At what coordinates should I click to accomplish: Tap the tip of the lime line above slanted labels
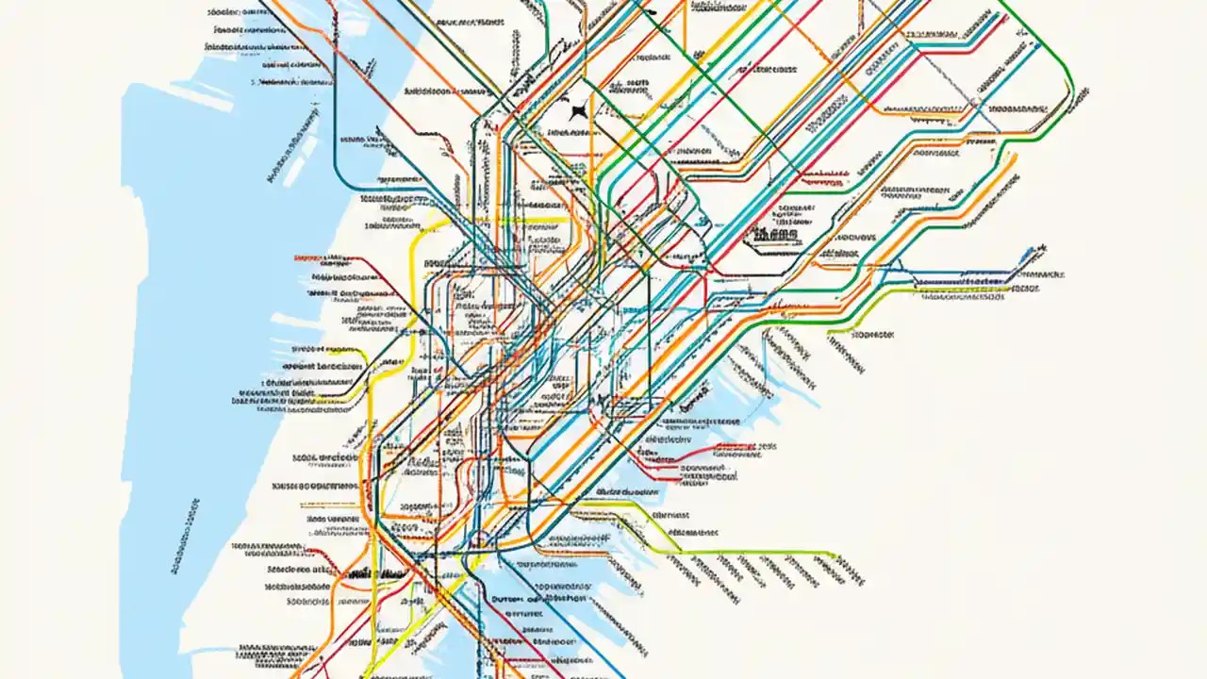pyautogui.click(x=837, y=555)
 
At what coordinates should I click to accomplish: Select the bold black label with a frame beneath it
pyautogui.click(x=775, y=231)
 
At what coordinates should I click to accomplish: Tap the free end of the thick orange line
pyautogui.click(x=1016, y=157)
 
